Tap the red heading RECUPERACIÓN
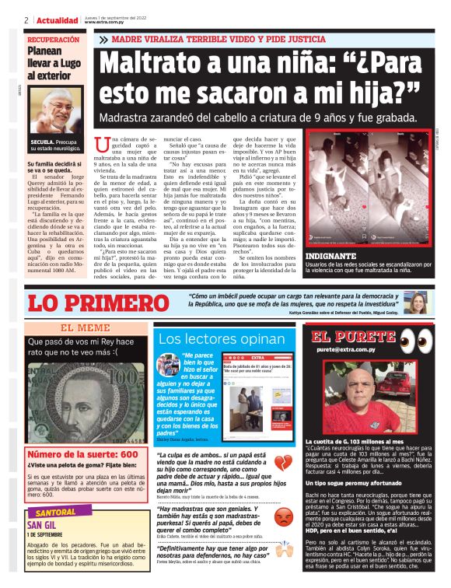(x=53, y=39)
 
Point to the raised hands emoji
(x=285, y=553)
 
